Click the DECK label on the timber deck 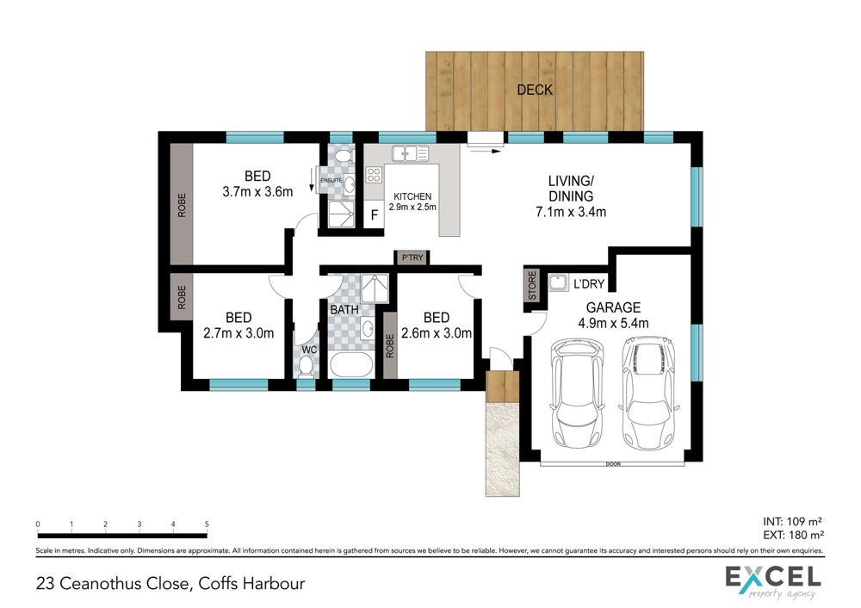pos(535,90)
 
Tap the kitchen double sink pos(410,153)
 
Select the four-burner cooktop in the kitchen pos(374,175)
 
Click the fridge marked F pos(374,214)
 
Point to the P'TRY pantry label pos(412,257)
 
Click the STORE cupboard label pos(531,285)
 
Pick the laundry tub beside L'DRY pos(559,282)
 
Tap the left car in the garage pos(577,394)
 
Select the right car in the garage pos(648,393)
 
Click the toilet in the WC pos(306,366)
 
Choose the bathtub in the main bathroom pos(351,364)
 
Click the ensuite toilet pos(343,155)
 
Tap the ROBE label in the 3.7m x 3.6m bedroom pos(181,205)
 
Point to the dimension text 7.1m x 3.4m pos(571,212)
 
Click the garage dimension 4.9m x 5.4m pos(613,323)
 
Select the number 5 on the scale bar pos(207,524)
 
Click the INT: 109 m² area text pos(792,521)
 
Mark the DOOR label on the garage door pos(613,464)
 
